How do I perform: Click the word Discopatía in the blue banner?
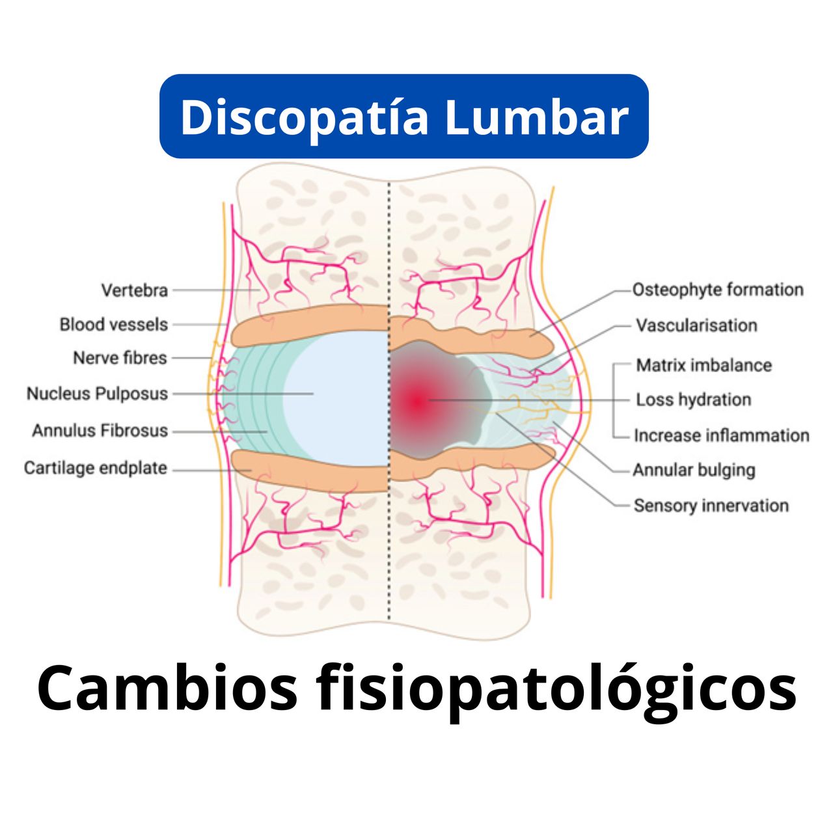[x=304, y=117]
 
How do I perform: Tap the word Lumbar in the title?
[x=536, y=117]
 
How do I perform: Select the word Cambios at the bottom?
[x=167, y=688]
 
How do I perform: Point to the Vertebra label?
[x=135, y=290]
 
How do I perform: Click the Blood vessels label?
[x=114, y=325]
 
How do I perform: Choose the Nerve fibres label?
[x=120, y=358]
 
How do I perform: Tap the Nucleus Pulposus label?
[x=98, y=394]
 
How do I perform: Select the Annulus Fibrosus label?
[x=100, y=431]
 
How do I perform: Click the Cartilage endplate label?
[x=96, y=468]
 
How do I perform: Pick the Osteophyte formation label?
[x=718, y=290]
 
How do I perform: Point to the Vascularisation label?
[x=696, y=325]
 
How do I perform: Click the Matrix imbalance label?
[x=703, y=365]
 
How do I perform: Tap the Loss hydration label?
[x=693, y=400]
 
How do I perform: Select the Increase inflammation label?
[x=721, y=435]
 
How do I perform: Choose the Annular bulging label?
[x=694, y=470]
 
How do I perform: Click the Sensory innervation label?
[x=711, y=506]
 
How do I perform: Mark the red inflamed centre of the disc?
[x=416, y=400]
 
